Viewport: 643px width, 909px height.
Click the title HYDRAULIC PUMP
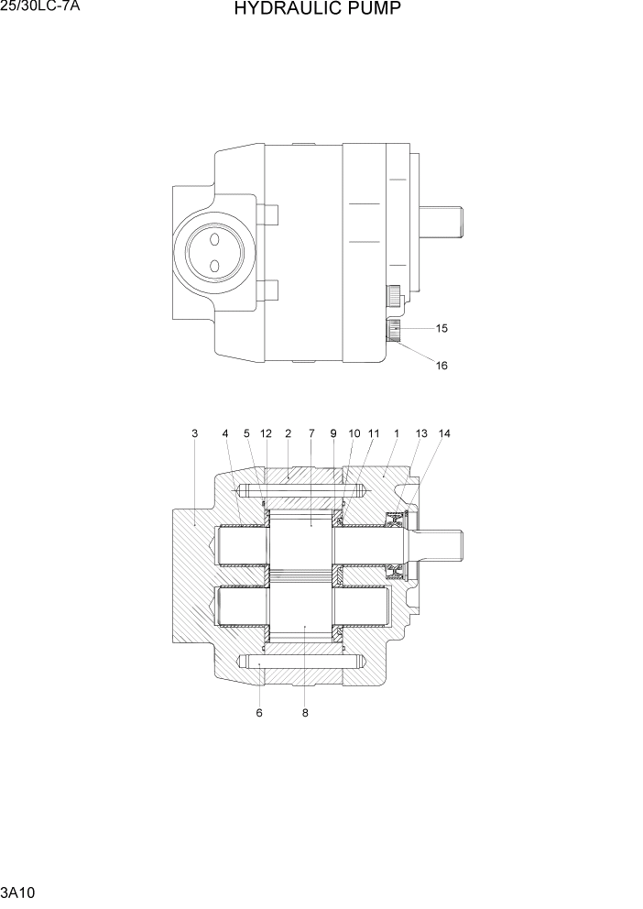[x=317, y=10]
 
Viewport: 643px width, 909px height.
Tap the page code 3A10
[x=18, y=892]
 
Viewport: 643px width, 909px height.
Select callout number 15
[x=442, y=328]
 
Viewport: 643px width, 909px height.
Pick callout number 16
[x=442, y=366]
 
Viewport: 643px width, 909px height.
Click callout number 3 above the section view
[x=194, y=433]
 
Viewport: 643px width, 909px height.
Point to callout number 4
[x=225, y=433]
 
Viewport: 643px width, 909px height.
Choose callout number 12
[x=266, y=433]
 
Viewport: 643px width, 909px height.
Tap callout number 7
[x=311, y=433]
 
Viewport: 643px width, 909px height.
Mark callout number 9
[x=333, y=433]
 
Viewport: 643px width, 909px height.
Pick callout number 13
[x=421, y=433]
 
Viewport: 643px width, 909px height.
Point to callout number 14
[x=445, y=433]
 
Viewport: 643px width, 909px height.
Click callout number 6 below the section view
[x=259, y=713]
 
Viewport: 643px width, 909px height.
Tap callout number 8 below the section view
[x=305, y=713]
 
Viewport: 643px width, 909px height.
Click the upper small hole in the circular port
[x=213, y=239]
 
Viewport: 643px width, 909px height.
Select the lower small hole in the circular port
[x=213, y=266]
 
